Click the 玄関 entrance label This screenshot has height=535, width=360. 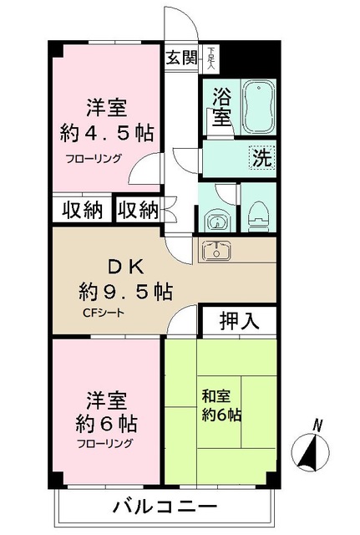coord(180,58)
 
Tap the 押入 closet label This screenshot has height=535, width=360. coord(238,320)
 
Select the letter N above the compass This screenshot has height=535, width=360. coord(317,425)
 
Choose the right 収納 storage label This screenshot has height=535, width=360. coord(137,210)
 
